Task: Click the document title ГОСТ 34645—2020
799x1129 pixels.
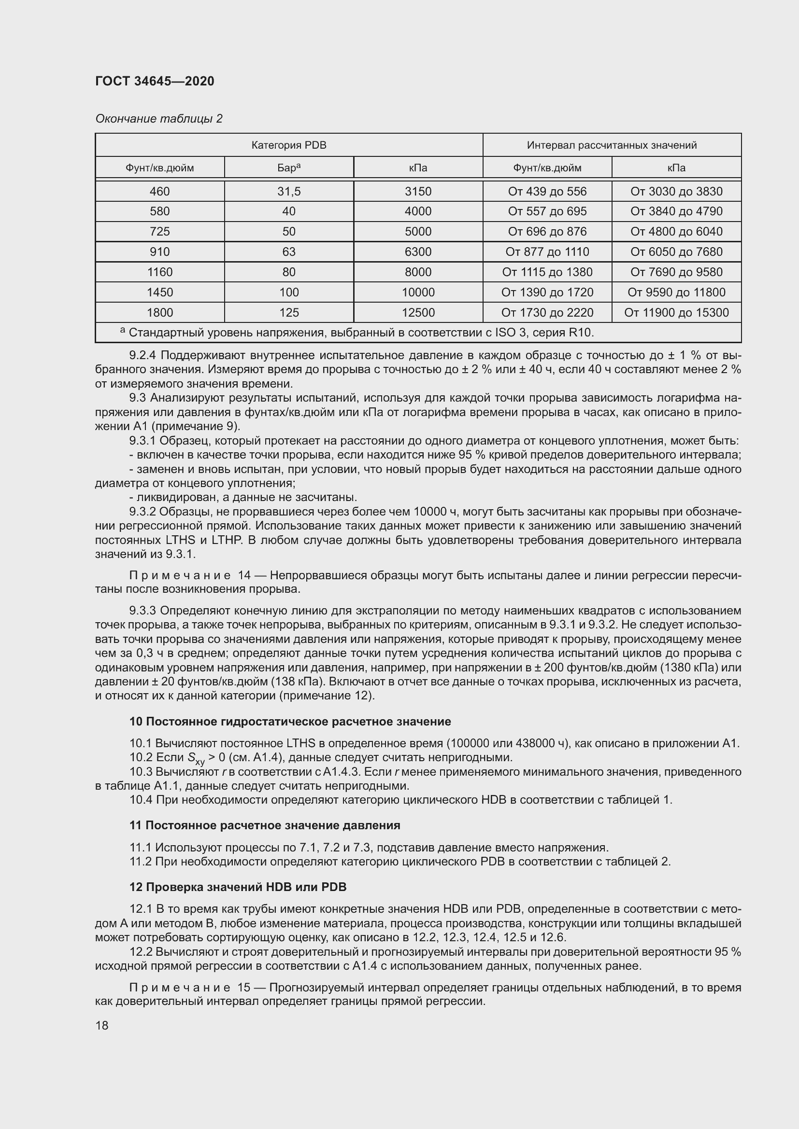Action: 155,81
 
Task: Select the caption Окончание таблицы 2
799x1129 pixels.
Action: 158,119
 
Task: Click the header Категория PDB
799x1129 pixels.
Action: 289,145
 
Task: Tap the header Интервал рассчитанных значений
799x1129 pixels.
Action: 612,145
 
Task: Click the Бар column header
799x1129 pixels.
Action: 289,167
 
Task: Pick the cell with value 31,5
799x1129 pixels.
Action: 289,191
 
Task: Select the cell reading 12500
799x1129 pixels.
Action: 418,312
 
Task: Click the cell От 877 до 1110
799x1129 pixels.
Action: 547,252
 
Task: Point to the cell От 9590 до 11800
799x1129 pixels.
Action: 676,292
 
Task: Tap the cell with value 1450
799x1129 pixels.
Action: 160,292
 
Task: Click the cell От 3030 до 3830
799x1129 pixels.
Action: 676,191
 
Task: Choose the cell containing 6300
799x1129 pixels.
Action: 418,252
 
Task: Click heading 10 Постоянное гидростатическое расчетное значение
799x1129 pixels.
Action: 290,721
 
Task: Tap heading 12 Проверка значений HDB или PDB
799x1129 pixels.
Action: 238,887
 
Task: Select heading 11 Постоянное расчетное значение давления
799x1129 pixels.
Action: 265,825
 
